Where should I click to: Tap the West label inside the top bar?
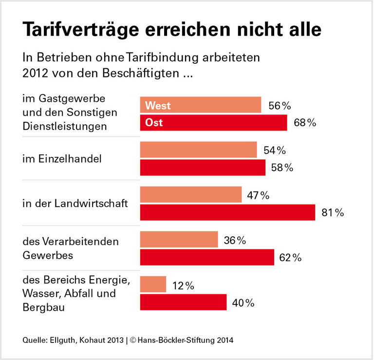point(158,106)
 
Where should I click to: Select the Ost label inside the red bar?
point(154,123)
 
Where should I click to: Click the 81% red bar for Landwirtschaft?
point(227,212)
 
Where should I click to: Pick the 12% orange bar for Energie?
point(153,284)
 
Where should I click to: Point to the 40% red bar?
point(183,302)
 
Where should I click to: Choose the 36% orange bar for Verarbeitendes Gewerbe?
point(179,240)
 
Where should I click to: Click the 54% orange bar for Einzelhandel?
point(198,150)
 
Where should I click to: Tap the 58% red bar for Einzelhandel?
point(203,168)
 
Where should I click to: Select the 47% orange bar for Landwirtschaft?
point(191,195)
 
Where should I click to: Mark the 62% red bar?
point(207,257)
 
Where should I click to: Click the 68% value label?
point(305,123)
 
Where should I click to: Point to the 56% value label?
point(280,106)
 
